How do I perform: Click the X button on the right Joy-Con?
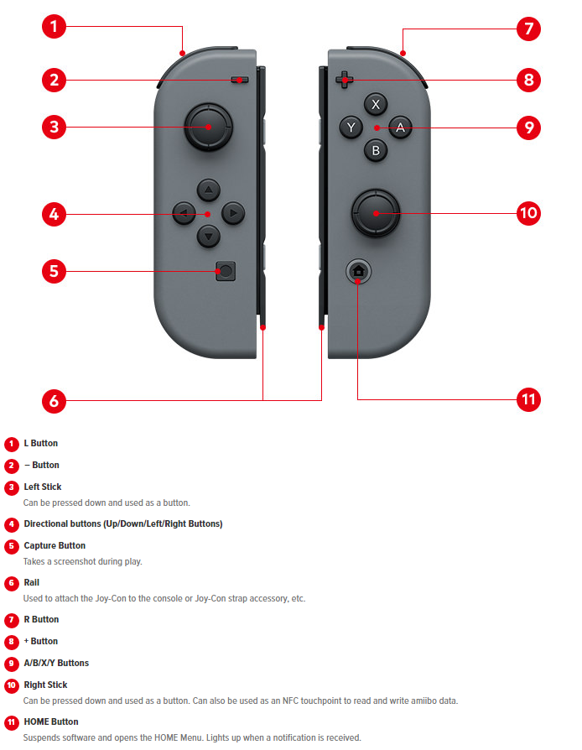pyautogui.click(x=376, y=104)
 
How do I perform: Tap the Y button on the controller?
pyautogui.click(x=351, y=128)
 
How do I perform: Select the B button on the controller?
pyautogui.click(x=376, y=150)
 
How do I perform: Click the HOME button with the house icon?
pyautogui.click(x=358, y=271)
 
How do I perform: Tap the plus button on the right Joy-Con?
pyautogui.click(x=344, y=80)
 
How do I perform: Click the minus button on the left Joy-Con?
pyautogui.click(x=239, y=80)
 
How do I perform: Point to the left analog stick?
pyautogui.click(x=208, y=127)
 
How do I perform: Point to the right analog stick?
pyautogui.click(x=376, y=213)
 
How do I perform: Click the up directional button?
pyautogui.click(x=209, y=190)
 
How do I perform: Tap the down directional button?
pyautogui.click(x=209, y=236)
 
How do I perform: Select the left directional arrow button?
pyautogui.click(x=184, y=213)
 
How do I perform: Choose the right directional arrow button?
pyautogui.click(x=233, y=213)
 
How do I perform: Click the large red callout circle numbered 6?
pyautogui.click(x=54, y=401)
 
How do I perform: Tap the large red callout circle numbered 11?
pyautogui.click(x=528, y=399)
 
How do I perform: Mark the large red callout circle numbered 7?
pyautogui.click(x=528, y=29)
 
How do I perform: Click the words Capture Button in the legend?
pyautogui.click(x=55, y=545)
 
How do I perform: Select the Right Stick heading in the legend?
pyautogui.click(x=45, y=685)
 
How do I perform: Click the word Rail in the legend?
pyautogui.click(x=32, y=582)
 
